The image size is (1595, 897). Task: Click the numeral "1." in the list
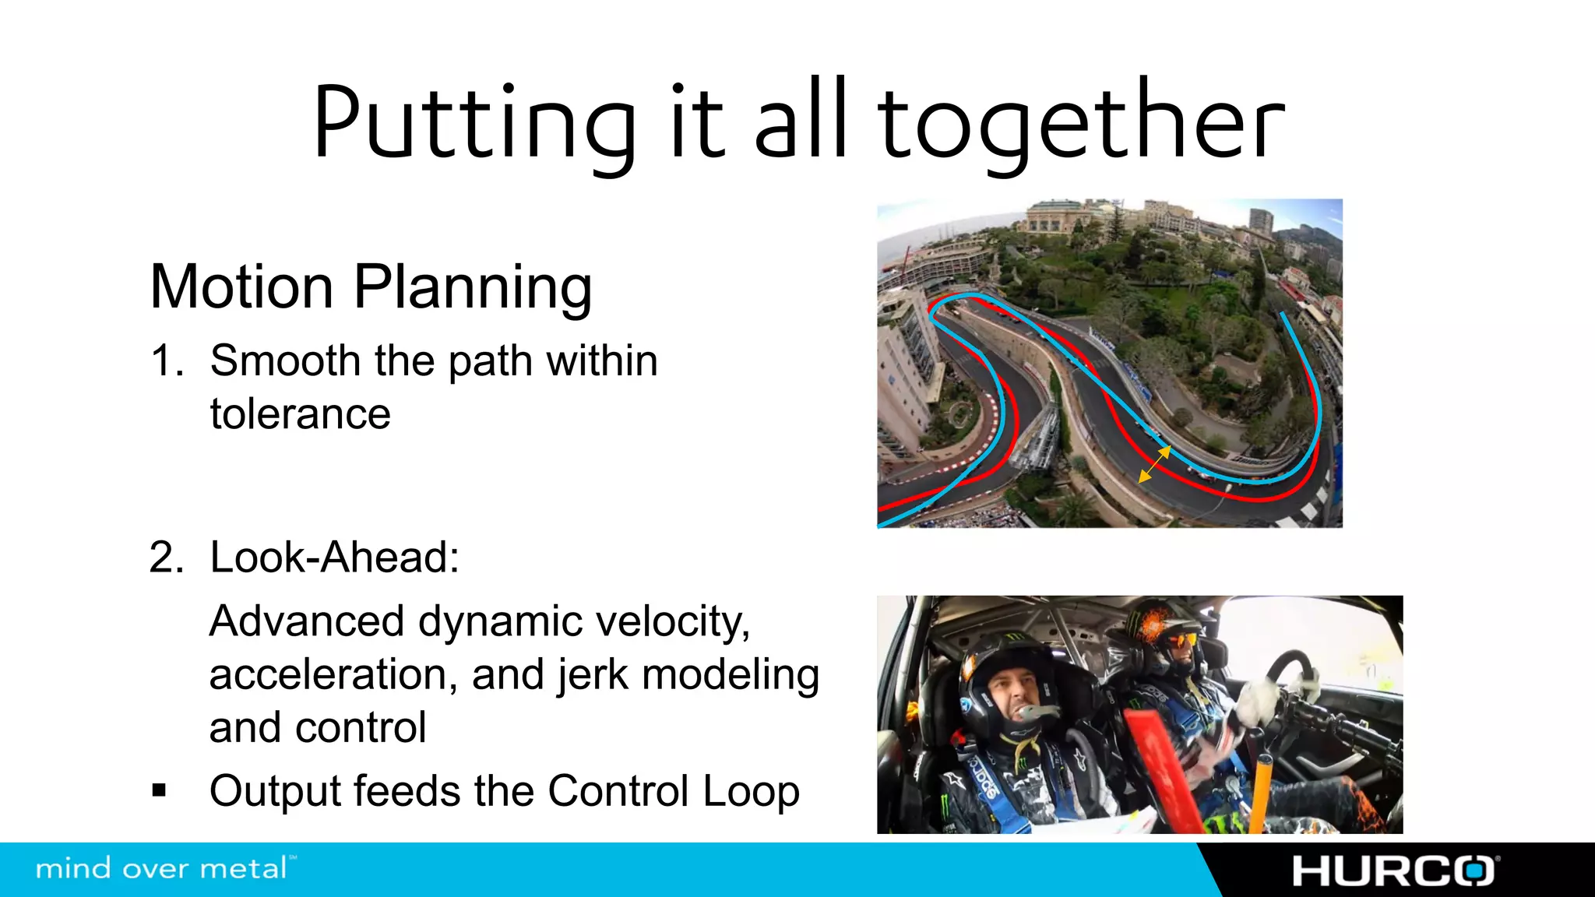167,361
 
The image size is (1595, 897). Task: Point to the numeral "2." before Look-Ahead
167,558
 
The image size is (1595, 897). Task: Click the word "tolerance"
300,413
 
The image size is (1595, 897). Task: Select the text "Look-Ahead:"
335,558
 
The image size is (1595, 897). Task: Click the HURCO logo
1394,871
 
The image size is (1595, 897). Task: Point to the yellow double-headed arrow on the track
1154,464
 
